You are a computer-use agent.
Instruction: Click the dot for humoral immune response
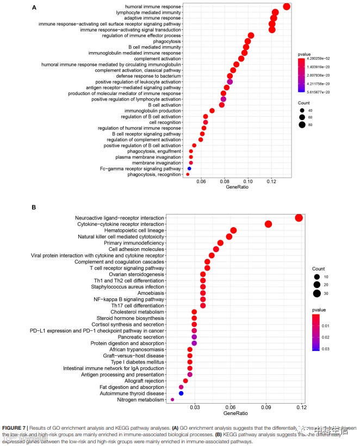pyautogui.click(x=287, y=7)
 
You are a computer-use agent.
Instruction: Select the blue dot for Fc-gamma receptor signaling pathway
pyautogui.click(x=189, y=169)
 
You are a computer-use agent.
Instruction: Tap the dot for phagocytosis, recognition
pyautogui.click(x=188, y=175)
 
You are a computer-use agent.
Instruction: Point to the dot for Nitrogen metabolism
pyautogui.click(x=172, y=400)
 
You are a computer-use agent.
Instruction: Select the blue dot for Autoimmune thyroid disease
pyautogui.click(x=181, y=393)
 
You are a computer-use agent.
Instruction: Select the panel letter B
pyautogui.click(x=34, y=208)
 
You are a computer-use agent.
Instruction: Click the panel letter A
pyautogui.click(x=34, y=8)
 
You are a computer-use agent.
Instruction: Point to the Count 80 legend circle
pyautogui.click(x=302, y=125)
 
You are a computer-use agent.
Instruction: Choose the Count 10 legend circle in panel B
pyautogui.click(x=316, y=277)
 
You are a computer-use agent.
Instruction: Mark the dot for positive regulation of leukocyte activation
pyautogui.click(x=229, y=81)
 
